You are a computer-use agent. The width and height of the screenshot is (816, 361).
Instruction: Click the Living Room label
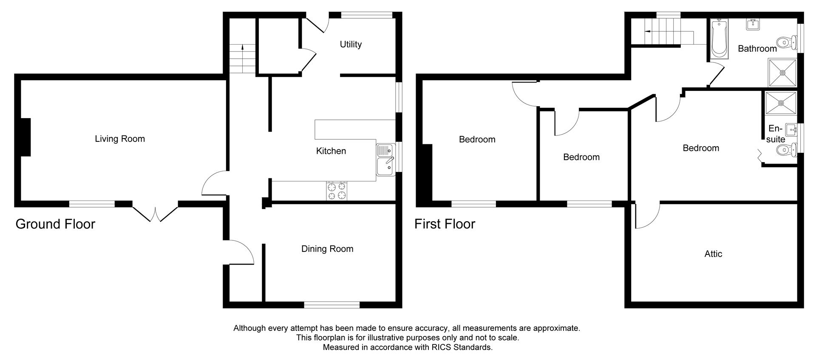tap(119, 139)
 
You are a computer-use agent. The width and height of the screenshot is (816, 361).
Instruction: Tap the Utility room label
tap(351, 44)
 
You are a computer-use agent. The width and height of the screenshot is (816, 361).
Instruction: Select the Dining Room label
tap(327, 249)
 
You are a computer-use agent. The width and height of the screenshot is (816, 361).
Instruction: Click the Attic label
tap(713, 254)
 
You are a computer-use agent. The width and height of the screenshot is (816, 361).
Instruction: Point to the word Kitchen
tap(331, 151)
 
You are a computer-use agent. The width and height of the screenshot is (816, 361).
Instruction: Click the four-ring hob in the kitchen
tap(337, 191)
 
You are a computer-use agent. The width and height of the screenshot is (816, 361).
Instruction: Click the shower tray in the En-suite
tap(780, 103)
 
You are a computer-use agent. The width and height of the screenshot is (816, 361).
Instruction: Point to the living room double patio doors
tap(155, 212)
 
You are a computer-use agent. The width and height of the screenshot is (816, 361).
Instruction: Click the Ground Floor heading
tap(55, 224)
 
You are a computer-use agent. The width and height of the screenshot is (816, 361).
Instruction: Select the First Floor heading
tap(445, 224)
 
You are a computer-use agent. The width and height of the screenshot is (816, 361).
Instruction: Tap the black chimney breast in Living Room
tap(25, 137)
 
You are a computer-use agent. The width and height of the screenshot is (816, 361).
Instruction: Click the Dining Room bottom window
tap(332, 304)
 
